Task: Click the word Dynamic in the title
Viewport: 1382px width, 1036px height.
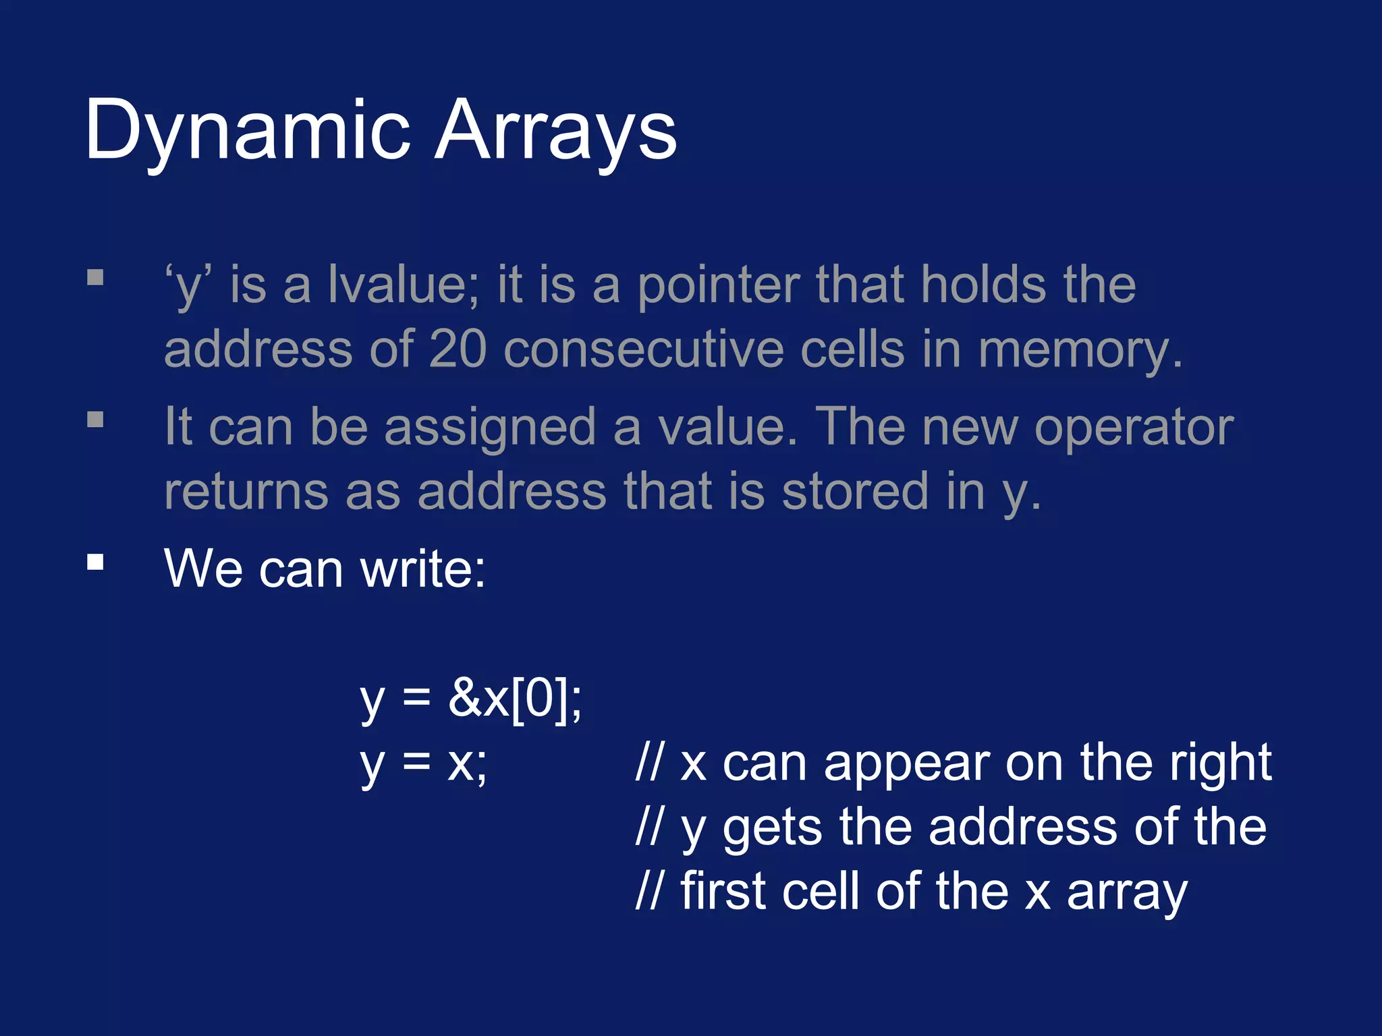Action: tap(247, 132)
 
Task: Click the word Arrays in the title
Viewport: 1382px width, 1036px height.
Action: tap(555, 132)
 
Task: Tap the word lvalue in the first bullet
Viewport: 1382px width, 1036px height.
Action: tap(404, 285)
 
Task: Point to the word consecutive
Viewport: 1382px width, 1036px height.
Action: tap(644, 349)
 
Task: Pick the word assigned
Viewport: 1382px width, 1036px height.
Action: tap(490, 428)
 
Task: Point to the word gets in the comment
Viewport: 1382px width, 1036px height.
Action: tap(772, 828)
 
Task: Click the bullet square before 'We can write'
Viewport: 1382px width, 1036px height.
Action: tap(95, 562)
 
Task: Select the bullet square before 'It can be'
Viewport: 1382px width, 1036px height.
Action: tap(95, 420)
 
